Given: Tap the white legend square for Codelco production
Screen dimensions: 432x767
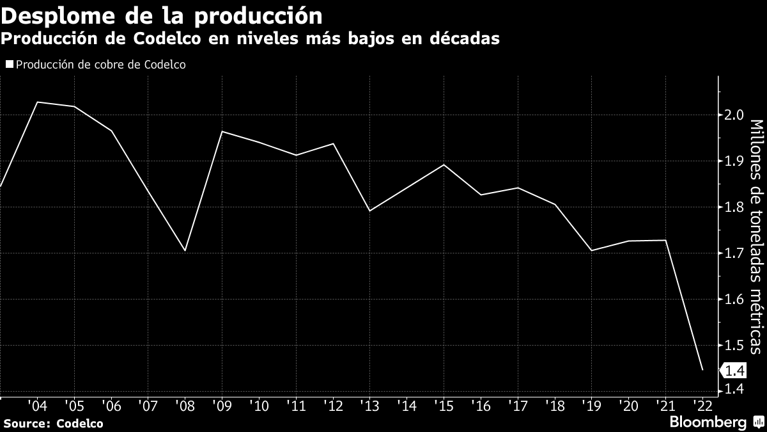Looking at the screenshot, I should coord(9,64).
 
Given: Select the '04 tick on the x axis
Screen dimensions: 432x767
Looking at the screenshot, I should coord(37,406).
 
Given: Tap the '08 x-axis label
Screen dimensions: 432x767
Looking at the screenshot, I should coord(185,406).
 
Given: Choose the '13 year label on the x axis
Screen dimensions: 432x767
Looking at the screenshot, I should coord(369,406).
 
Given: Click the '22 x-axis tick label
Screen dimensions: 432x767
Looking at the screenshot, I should coord(702,406).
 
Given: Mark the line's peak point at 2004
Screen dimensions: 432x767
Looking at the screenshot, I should coord(38,102).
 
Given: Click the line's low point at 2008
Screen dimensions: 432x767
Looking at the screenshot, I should coord(185,251).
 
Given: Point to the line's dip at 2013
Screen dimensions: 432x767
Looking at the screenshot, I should coord(370,211).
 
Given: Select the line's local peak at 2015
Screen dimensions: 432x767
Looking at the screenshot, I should coord(444,164).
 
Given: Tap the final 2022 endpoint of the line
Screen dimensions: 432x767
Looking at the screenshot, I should coord(702,370).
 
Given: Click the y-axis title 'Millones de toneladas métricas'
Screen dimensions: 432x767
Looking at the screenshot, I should coord(755,236).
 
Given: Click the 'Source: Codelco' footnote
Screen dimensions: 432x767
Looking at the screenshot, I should coord(53,423).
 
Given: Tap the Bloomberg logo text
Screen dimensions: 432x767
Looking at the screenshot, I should coord(708,422).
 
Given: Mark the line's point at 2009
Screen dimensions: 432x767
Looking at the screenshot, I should coord(222,131).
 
